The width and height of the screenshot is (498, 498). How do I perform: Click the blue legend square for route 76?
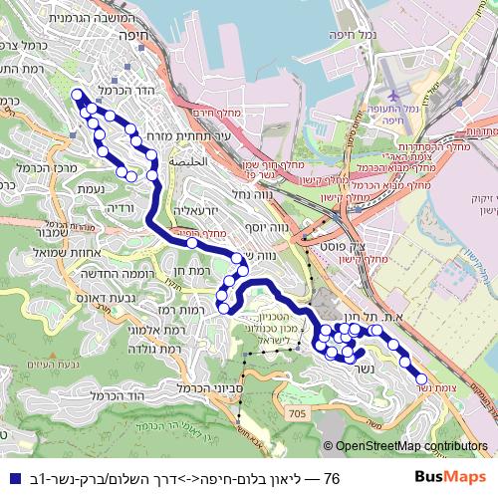(10, 479)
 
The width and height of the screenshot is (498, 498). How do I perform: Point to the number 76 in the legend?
(332, 479)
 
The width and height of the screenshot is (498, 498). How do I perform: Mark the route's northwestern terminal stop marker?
(76, 96)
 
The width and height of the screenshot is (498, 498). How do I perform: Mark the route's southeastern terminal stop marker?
(420, 379)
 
